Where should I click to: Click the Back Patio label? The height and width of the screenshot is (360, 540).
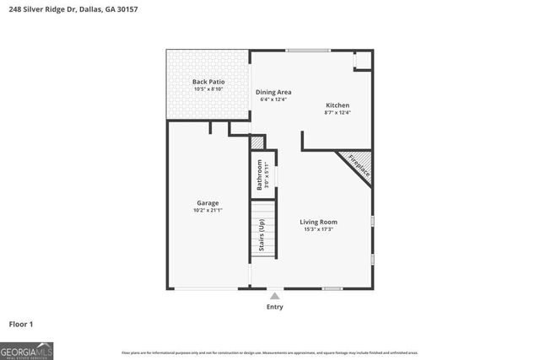(x=207, y=82)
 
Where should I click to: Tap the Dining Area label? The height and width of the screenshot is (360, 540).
(x=273, y=92)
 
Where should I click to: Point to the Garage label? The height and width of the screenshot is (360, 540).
(x=208, y=202)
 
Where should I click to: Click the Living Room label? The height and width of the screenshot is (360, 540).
(x=317, y=222)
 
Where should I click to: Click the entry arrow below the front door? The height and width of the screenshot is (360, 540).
(x=274, y=295)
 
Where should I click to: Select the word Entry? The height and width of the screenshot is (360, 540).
(x=274, y=307)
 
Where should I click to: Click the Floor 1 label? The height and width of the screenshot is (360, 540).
(x=21, y=324)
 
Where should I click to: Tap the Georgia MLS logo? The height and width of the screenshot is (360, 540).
(x=26, y=350)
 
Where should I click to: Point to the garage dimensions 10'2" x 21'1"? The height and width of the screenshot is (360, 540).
(x=208, y=210)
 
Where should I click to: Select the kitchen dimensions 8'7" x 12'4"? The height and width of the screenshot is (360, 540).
(x=337, y=112)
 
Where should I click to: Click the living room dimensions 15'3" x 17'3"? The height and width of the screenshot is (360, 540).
(x=317, y=229)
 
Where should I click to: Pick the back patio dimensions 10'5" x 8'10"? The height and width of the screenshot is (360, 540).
(x=207, y=89)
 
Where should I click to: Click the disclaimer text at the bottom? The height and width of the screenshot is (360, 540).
(x=270, y=352)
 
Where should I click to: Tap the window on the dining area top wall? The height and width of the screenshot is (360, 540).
(x=308, y=51)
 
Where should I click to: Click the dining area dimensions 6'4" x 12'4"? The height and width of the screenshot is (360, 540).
(x=273, y=99)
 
